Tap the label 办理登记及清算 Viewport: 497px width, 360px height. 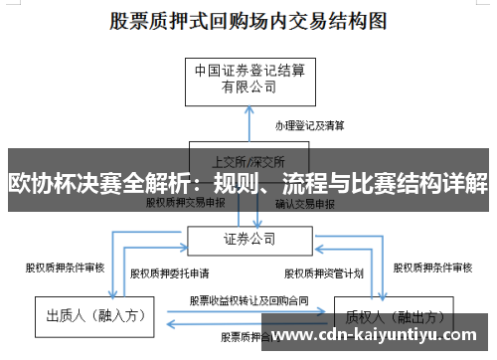pos(310,127)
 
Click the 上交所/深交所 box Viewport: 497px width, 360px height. pos(249,159)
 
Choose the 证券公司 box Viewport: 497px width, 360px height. pos(248,239)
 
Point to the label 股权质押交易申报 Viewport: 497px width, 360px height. pos(185,203)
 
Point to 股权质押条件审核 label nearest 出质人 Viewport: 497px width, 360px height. pos(64,268)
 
